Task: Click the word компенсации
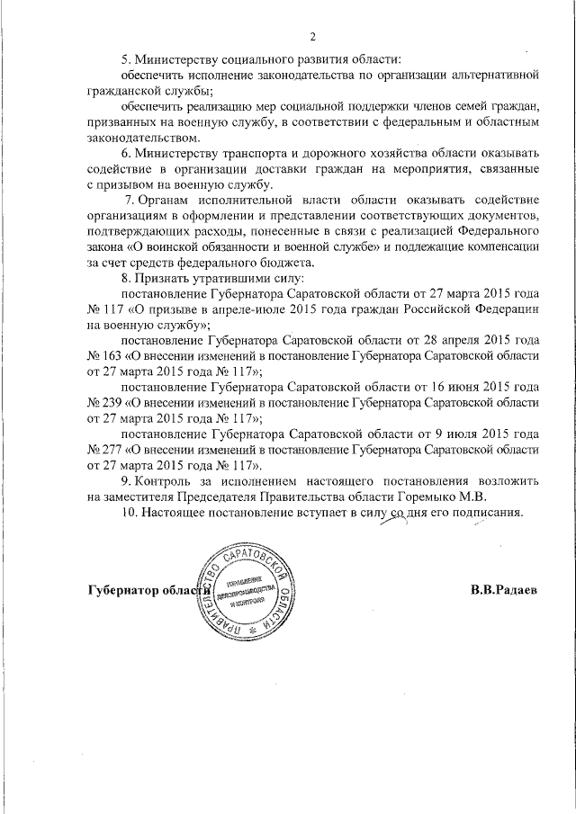pyautogui.click(x=499, y=246)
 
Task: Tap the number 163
pyautogui.click(x=113, y=357)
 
